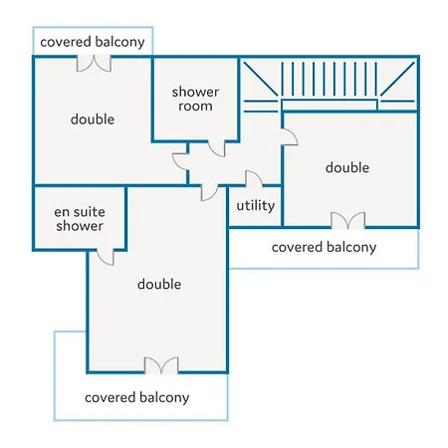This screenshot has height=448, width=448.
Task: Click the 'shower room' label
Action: pos(195,99)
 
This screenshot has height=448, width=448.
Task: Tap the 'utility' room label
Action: pos(256,205)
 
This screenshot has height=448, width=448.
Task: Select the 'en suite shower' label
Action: pos(80,219)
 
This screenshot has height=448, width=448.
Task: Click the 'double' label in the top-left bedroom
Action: pos(93,119)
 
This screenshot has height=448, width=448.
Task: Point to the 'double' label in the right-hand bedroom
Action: pos(347,167)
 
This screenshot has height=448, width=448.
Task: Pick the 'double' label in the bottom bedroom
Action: pos(159,284)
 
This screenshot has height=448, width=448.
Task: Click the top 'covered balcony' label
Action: pos(93,42)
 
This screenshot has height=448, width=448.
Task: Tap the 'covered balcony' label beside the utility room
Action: pos(324,247)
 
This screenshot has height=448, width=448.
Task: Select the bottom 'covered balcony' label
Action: pos(137,397)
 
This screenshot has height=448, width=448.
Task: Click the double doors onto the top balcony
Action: pos(94,64)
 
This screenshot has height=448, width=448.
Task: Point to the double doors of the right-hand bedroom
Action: pos(348,220)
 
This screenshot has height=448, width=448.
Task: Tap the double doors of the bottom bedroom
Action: pos(161,365)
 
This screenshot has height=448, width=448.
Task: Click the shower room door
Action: pos(217,148)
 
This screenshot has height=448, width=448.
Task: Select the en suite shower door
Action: pos(106,257)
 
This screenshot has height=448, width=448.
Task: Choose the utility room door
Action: pos(254,179)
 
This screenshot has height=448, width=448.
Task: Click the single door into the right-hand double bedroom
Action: pos(289,137)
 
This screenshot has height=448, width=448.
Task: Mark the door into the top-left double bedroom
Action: pos(181,162)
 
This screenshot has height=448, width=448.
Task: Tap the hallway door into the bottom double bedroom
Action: pos(210,192)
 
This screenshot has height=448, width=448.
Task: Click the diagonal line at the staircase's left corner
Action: pos(261,79)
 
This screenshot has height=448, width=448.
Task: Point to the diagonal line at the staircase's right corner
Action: pos(397,79)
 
